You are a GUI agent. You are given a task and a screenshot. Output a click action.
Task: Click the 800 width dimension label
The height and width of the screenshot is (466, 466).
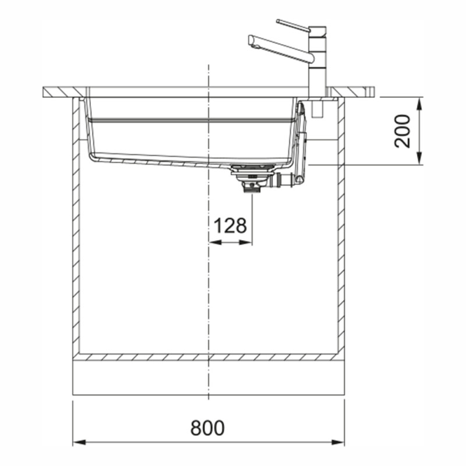click(207, 428)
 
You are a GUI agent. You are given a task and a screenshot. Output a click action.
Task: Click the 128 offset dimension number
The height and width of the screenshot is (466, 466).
click(230, 225)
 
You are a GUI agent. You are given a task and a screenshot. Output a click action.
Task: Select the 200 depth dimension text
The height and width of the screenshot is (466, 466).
click(402, 131)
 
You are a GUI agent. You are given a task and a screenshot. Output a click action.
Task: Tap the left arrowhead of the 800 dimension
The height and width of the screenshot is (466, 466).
click(79, 443)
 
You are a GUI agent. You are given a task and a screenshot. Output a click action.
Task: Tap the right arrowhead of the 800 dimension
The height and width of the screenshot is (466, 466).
click(338, 443)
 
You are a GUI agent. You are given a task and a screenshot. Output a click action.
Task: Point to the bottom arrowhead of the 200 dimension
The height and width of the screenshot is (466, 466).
click(419, 158)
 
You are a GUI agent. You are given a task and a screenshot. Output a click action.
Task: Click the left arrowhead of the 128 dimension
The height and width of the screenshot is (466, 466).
click(215, 243)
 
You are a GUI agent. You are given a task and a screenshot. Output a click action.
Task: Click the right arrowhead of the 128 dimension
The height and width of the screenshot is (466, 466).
click(245, 243)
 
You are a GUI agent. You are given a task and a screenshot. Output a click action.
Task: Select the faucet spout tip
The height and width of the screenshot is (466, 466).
click(252, 41)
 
